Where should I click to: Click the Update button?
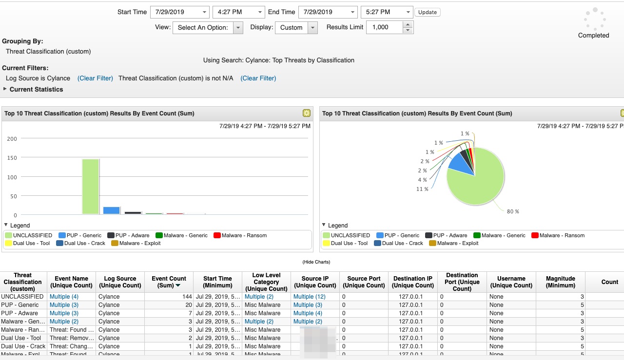coord(427,12)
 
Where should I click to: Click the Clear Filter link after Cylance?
coord(95,78)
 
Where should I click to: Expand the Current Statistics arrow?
coord(5,89)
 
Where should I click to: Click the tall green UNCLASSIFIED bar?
coord(90,187)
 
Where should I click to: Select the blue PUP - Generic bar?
coord(111,210)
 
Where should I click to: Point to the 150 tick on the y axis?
coord(12,158)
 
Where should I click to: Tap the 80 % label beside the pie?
coord(513,211)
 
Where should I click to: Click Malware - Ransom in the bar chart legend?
coord(244,236)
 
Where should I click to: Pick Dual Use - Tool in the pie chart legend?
coord(349,244)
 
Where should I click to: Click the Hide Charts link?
coord(316,262)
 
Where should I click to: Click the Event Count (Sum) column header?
coord(169,282)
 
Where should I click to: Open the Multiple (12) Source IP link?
coord(309,297)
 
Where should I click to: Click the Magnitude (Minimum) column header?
coord(560,282)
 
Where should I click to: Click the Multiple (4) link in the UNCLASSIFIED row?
coord(64,297)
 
